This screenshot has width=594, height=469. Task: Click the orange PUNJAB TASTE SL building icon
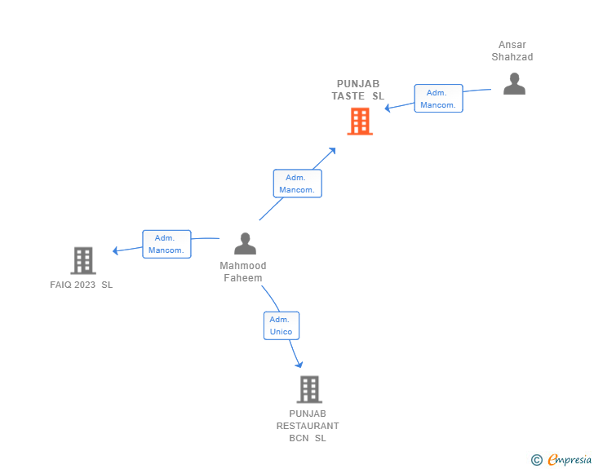click(360, 122)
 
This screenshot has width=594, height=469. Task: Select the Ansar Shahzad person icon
click(514, 83)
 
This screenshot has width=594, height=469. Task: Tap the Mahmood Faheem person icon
click(245, 243)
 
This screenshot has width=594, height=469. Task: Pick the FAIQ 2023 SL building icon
click(83, 260)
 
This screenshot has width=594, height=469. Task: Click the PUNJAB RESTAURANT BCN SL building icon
click(309, 389)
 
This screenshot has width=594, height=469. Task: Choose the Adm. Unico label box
click(281, 325)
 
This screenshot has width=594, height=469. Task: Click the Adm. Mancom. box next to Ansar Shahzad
click(438, 99)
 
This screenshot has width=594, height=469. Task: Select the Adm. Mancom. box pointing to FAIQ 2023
click(166, 244)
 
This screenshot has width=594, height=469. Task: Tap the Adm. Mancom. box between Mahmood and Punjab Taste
click(297, 184)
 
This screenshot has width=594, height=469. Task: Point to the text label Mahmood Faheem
click(243, 272)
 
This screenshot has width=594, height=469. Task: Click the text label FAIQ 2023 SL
click(82, 285)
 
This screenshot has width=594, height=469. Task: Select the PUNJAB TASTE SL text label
click(358, 90)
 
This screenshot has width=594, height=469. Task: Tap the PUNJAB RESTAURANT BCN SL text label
click(308, 426)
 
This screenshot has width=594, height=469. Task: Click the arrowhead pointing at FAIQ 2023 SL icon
click(117, 250)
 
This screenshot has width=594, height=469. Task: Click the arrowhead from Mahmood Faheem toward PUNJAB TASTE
click(332, 151)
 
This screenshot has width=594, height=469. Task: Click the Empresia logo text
click(569, 460)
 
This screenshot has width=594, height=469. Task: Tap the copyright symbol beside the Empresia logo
click(536, 460)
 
